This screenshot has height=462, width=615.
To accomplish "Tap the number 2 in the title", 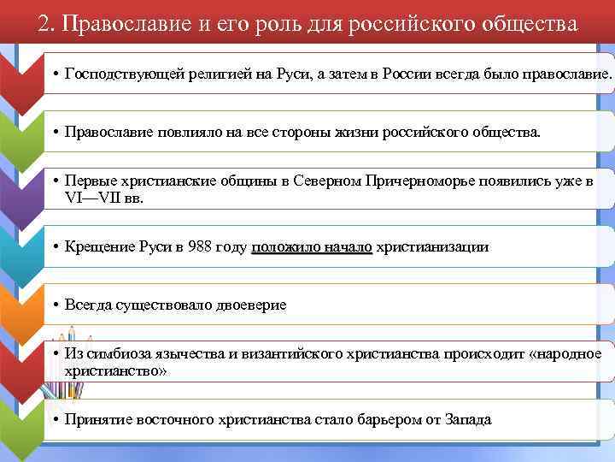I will (x=44, y=23).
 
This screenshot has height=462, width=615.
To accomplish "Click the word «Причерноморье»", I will (x=415, y=181).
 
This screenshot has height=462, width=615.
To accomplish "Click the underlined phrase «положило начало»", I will (x=312, y=247).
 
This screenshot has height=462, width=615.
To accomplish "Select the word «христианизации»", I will (x=432, y=247).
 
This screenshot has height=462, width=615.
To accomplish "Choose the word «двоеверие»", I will (x=247, y=305).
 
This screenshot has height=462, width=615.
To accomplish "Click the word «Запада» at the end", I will (x=469, y=420).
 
